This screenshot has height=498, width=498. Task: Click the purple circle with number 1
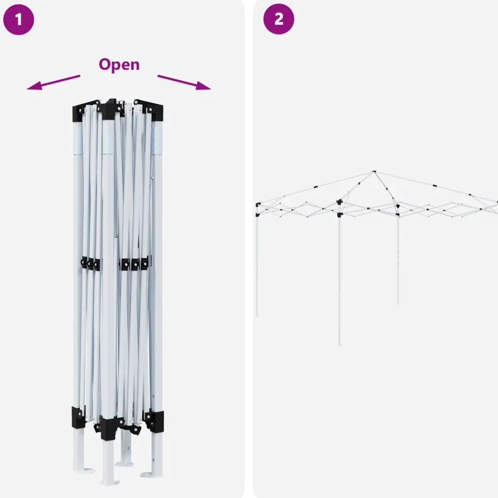[18, 19]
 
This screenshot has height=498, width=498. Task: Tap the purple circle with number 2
[278, 19]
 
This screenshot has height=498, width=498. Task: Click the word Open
[119, 64]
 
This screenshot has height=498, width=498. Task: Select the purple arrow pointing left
[53, 82]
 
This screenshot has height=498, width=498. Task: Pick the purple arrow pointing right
[184, 82]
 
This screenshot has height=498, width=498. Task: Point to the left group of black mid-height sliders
[91, 263]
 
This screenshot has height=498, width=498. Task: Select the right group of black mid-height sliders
[135, 263]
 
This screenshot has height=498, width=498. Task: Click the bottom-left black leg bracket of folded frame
[78, 417]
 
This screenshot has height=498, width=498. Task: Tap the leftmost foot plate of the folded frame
[85, 470]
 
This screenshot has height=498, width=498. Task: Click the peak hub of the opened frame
[374, 172]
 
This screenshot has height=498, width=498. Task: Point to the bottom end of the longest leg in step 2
[340, 344]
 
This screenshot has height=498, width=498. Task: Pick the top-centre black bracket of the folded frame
[110, 110]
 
